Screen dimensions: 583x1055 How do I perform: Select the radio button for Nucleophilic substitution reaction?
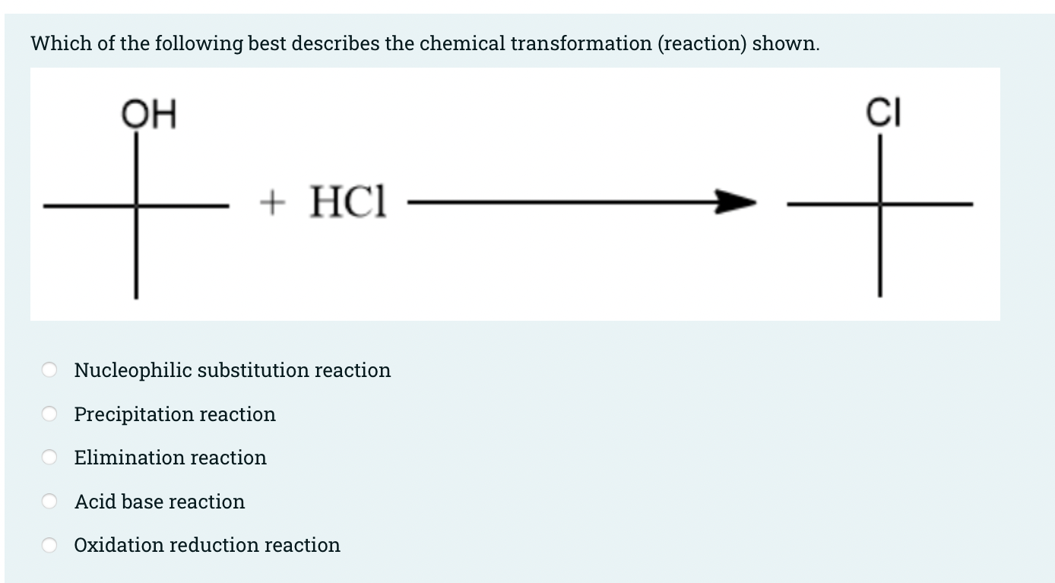tap(49, 370)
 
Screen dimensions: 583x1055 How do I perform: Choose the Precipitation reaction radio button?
tap(49, 414)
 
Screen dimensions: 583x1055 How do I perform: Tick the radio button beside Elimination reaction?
tap(49, 458)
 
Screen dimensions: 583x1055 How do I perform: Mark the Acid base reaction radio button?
tap(49, 502)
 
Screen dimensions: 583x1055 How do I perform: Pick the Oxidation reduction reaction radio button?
tap(49, 545)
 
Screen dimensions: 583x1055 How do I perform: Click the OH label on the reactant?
tap(149, 116)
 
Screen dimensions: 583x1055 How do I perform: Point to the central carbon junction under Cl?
tap(880, 204)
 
